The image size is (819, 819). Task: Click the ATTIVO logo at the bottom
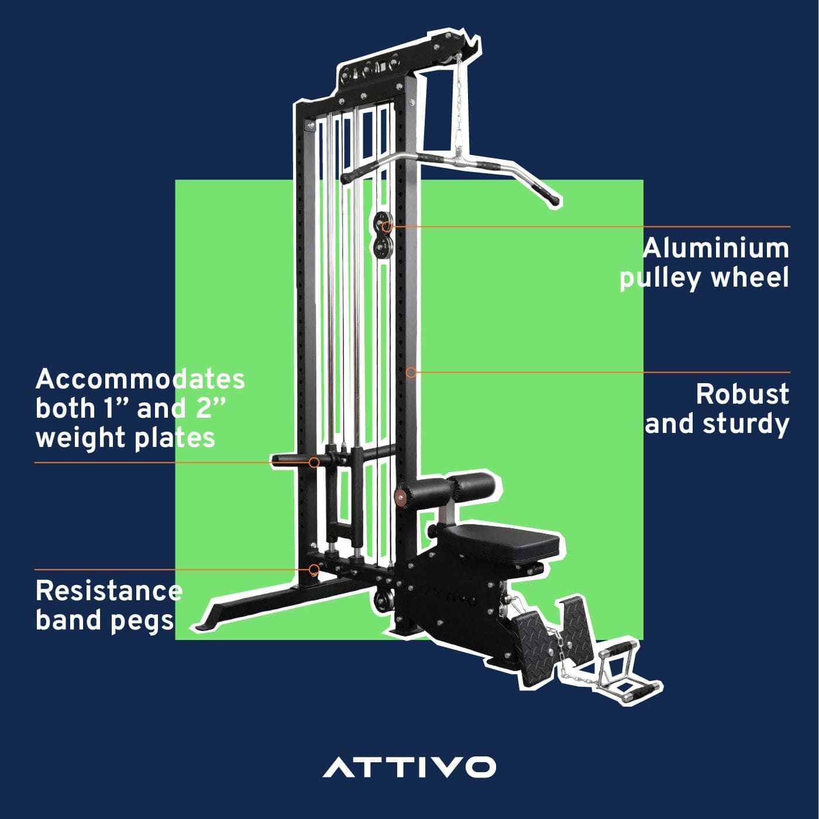tap(409, 767)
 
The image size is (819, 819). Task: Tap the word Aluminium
tap(716, 249)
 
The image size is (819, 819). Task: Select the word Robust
tap(742, 394)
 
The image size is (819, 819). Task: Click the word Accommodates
tap(140, 380)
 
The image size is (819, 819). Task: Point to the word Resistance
tap(109, 591)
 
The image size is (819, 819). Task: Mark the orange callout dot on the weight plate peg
tap(314, 462)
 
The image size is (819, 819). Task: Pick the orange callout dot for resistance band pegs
tap(315, 569)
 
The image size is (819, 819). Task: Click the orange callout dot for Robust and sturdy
tap(411, 372)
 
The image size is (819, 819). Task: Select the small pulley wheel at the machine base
tap(384, 600)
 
